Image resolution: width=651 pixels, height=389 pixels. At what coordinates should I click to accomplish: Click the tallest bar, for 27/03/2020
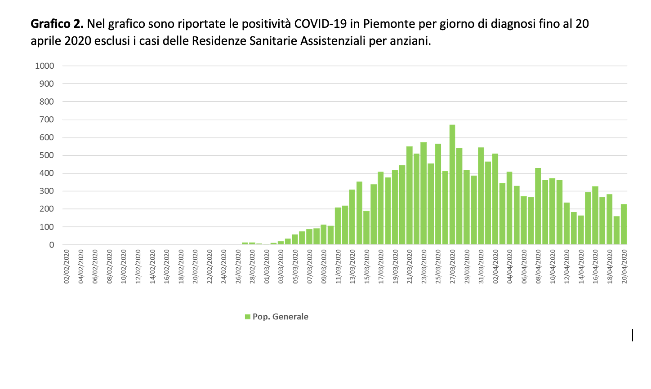click(452, 185)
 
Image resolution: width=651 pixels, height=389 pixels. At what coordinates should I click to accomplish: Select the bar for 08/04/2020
click(538, 207)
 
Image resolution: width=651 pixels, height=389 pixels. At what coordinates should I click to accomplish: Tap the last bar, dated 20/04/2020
click(624, 225)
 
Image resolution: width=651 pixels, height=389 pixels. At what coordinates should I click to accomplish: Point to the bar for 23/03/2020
click(424, 194)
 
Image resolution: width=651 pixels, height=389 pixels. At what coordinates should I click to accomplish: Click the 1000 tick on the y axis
click(45, 66)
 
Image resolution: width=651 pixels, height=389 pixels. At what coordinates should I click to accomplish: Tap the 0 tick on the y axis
click(52, 245)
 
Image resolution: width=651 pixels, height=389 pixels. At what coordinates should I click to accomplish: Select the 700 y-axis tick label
click(46, 119)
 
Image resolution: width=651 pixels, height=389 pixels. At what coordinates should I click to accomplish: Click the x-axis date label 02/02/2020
click(67, 267)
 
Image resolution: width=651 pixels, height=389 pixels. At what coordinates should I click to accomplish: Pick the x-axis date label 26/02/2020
click(238, 267)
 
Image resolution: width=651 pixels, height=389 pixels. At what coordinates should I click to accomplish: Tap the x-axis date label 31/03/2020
click(481, 267)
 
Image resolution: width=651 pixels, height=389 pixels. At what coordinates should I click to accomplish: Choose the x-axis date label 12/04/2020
click(566, 267)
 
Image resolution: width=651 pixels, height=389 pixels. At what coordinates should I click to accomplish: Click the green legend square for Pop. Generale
click(247, 317)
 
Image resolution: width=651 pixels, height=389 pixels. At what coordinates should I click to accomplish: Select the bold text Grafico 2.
click(57, 24)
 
